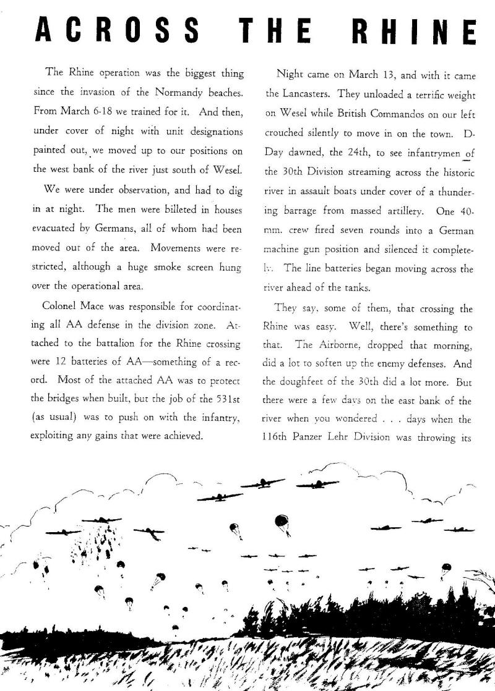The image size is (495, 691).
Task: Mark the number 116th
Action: pyautogui.click(x=279, y=436)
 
